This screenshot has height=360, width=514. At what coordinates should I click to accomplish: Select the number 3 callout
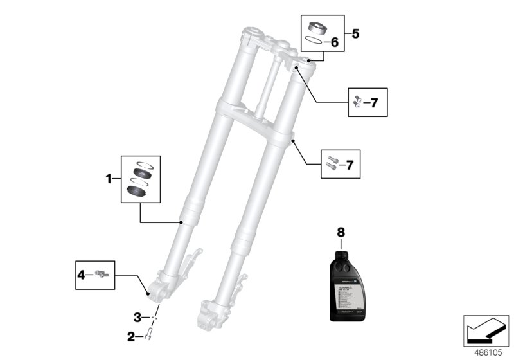tap(137, 317)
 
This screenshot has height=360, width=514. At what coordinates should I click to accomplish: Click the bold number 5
tap(356, 32)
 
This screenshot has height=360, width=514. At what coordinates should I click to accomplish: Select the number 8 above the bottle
tap(341, 230)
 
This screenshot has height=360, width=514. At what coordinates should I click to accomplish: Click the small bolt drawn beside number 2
tap(149, 334)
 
